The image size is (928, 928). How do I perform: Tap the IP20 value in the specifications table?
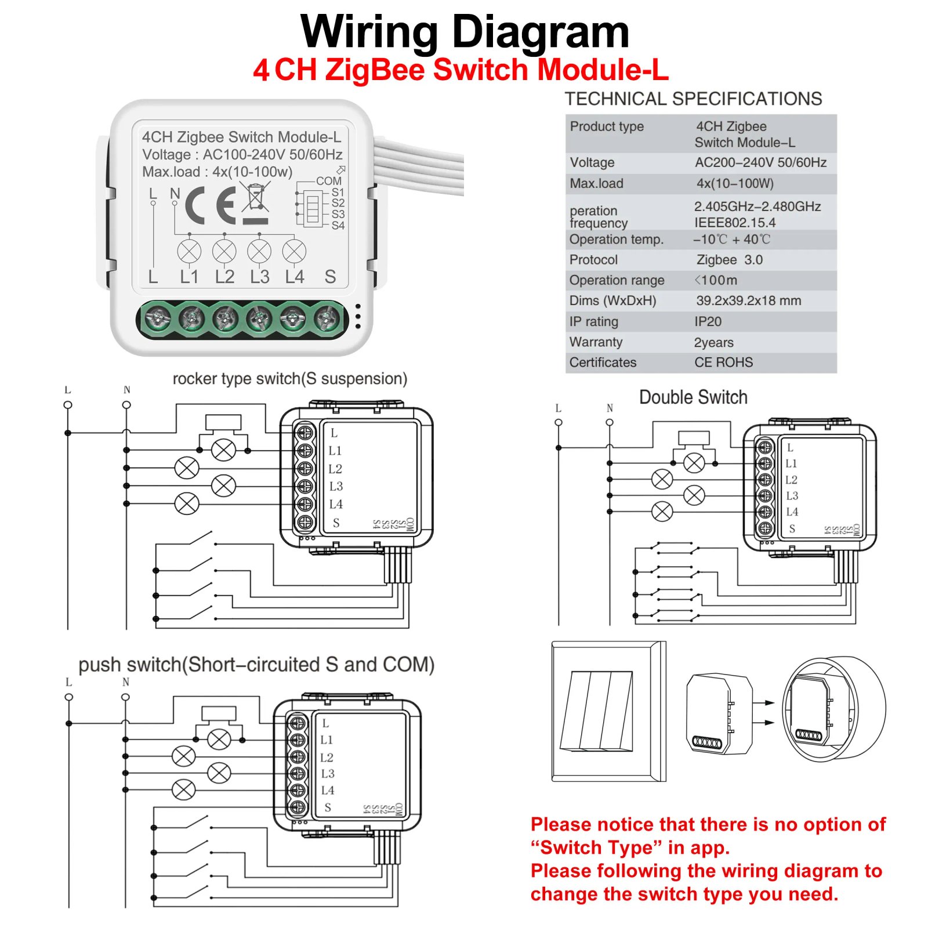[x=708, y=321]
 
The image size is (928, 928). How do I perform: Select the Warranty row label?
[x=596, y=342]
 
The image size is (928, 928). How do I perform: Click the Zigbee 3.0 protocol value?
[x=729, y=260]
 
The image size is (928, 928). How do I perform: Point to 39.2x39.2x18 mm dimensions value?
[x=748, y=300]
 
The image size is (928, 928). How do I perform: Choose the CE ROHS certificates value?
[x=723, y=362]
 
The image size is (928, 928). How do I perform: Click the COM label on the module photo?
[x=329, y=181]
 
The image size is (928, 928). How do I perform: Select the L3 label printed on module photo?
[x=259, y=277]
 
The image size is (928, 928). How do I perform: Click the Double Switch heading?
[x=693, y=397]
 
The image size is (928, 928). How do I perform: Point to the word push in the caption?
[x=100, y=665]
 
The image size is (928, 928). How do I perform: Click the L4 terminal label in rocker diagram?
[x=336, y=504]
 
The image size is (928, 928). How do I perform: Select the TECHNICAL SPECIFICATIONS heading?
[x=693, y=99]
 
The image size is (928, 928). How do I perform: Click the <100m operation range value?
[x=716, y=280]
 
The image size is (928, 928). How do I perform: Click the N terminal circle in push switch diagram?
[x=125, y=697]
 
